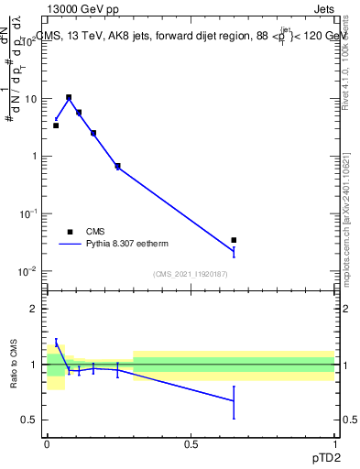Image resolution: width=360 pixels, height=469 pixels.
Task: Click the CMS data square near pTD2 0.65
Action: click(234, 240)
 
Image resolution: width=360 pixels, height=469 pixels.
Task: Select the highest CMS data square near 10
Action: click(69, 97)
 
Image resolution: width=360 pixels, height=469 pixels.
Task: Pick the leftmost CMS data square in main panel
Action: click(56, 125)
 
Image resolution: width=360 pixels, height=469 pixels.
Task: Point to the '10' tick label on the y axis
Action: click(31, 99)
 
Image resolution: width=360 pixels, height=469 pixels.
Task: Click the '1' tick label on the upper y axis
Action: click(36, 156)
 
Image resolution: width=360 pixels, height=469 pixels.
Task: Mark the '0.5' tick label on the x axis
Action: click(191, 443)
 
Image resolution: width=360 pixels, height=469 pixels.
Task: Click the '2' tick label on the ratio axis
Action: click(36, 309)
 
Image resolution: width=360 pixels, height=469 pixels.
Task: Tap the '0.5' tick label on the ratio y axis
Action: click(31, 420)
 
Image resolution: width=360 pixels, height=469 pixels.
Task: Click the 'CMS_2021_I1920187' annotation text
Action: click(191, 275)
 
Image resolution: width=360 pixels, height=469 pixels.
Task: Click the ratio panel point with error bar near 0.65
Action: click(234, 401)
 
